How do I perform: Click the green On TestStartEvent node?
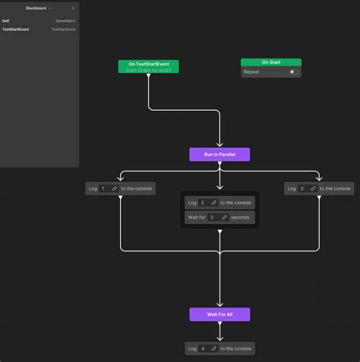[148, 64]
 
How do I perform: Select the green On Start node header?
[271, 62]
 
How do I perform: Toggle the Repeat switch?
[293, 72]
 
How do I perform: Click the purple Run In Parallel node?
[219, 154]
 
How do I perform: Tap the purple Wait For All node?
[219, 313]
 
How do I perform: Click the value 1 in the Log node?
[103, 188]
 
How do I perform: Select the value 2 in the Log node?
[203, 203]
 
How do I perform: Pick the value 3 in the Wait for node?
[211, 217]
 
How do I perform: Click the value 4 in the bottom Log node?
[203, 348]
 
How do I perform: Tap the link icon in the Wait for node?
[224, 217]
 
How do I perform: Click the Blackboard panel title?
[36, 8]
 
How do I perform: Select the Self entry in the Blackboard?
[6, 20]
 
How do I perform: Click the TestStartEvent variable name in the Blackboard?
[16, 29]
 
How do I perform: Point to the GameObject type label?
[65, 20]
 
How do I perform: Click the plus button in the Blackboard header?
[73, 8]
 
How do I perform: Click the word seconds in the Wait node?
[240, 217]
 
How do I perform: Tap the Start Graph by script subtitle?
[148, 69]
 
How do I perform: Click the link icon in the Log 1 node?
[114, 188]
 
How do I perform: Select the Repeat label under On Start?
[251, 72]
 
